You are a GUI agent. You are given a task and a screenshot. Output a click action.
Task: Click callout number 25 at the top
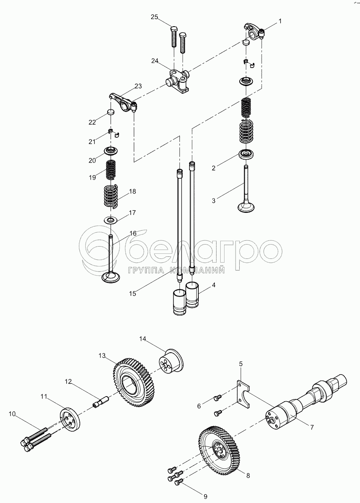click(x=154, y=17)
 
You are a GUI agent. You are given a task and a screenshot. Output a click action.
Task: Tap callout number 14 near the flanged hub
click(x=142, y=339)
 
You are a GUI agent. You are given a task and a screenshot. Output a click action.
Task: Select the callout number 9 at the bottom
click(x=206, y=496)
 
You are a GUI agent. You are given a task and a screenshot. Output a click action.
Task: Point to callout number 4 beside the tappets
click(x=213, y=285)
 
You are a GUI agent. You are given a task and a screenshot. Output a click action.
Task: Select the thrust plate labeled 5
click(x=244, y=392)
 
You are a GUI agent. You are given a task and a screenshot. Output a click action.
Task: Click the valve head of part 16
click(x=111, y=277)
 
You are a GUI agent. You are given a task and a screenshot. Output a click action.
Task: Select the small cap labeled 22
click(x=111, y=112)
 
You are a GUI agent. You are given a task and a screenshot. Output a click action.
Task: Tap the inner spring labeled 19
click(x=111, y=170)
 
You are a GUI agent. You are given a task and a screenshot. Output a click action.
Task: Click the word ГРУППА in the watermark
click(x=146, y=270)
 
